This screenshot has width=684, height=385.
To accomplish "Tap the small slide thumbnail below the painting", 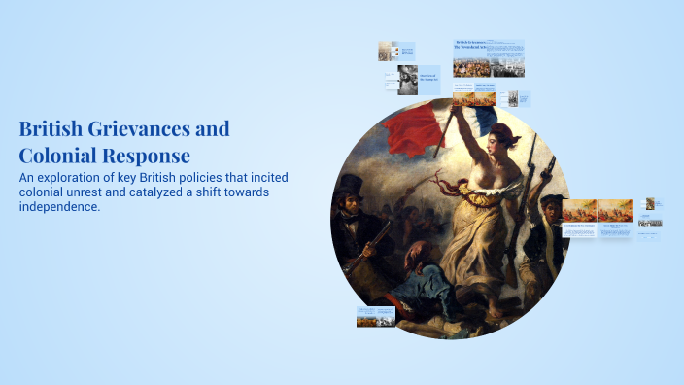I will pos(375,317).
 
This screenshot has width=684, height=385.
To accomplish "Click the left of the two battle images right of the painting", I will pos(579,210).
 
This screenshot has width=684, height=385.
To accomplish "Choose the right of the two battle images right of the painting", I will pos(615,210).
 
